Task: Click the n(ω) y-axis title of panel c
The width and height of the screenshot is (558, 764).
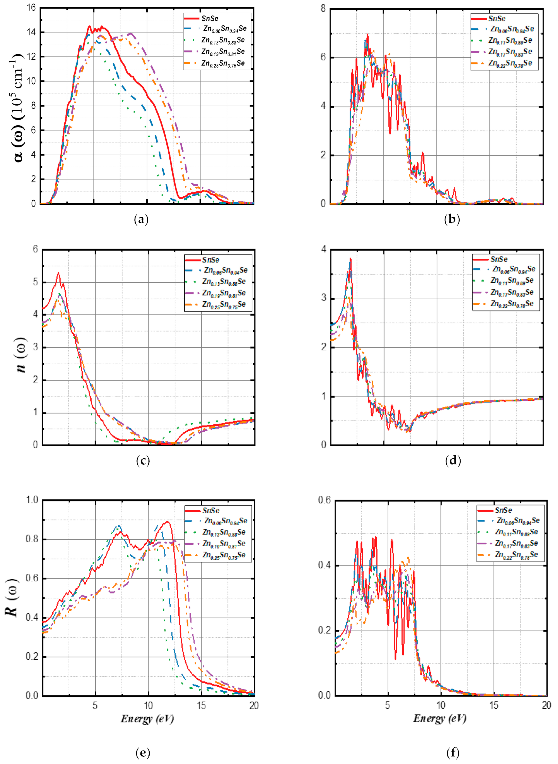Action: [21, 354]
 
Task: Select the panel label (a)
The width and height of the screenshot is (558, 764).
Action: [141, 220]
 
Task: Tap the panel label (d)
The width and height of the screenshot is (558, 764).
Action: [453, 460]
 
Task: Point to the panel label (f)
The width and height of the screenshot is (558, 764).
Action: [453, 753]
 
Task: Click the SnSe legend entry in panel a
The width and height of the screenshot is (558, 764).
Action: [210, 19]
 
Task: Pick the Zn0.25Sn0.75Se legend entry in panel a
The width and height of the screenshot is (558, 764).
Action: [223, 63]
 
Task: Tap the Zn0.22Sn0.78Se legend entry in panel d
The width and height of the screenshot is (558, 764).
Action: [512, 304]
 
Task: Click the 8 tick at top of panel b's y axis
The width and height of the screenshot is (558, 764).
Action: [323, 8]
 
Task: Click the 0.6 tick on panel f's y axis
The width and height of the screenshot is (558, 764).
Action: [324, 500]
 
